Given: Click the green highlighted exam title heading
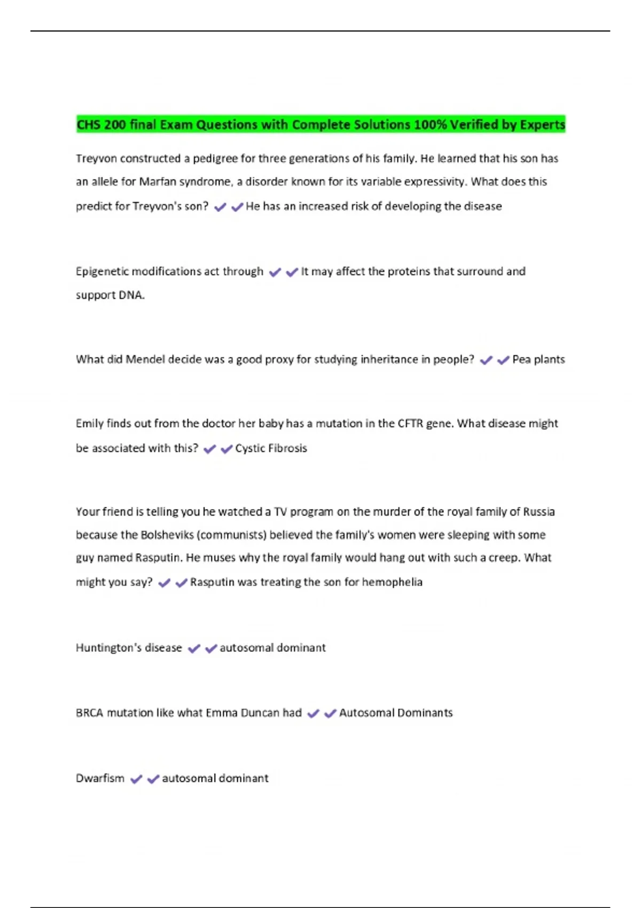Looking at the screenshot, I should (x=320, y=124).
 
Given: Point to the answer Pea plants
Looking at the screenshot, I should (x=538, y=359).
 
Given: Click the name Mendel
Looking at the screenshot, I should (x=145, y=359).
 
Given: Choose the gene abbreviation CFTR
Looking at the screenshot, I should (x=410, y=424).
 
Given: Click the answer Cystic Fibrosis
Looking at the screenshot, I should (x=271, y=448).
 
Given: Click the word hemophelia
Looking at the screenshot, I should (x=392, y=582).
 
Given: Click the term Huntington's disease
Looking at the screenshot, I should (x=129, y=648).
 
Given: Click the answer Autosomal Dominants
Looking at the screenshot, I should (x=396, y=713).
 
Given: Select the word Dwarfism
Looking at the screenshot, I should (x=100, y=778).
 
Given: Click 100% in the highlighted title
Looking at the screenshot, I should (x=430, y=124).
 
